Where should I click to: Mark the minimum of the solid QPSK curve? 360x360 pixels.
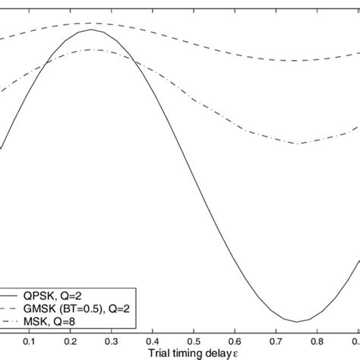click(x=298, y=321)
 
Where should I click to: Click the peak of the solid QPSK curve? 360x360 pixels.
click(x=93, y=30)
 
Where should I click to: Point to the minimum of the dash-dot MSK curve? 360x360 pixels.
click(x=298, y=143)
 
